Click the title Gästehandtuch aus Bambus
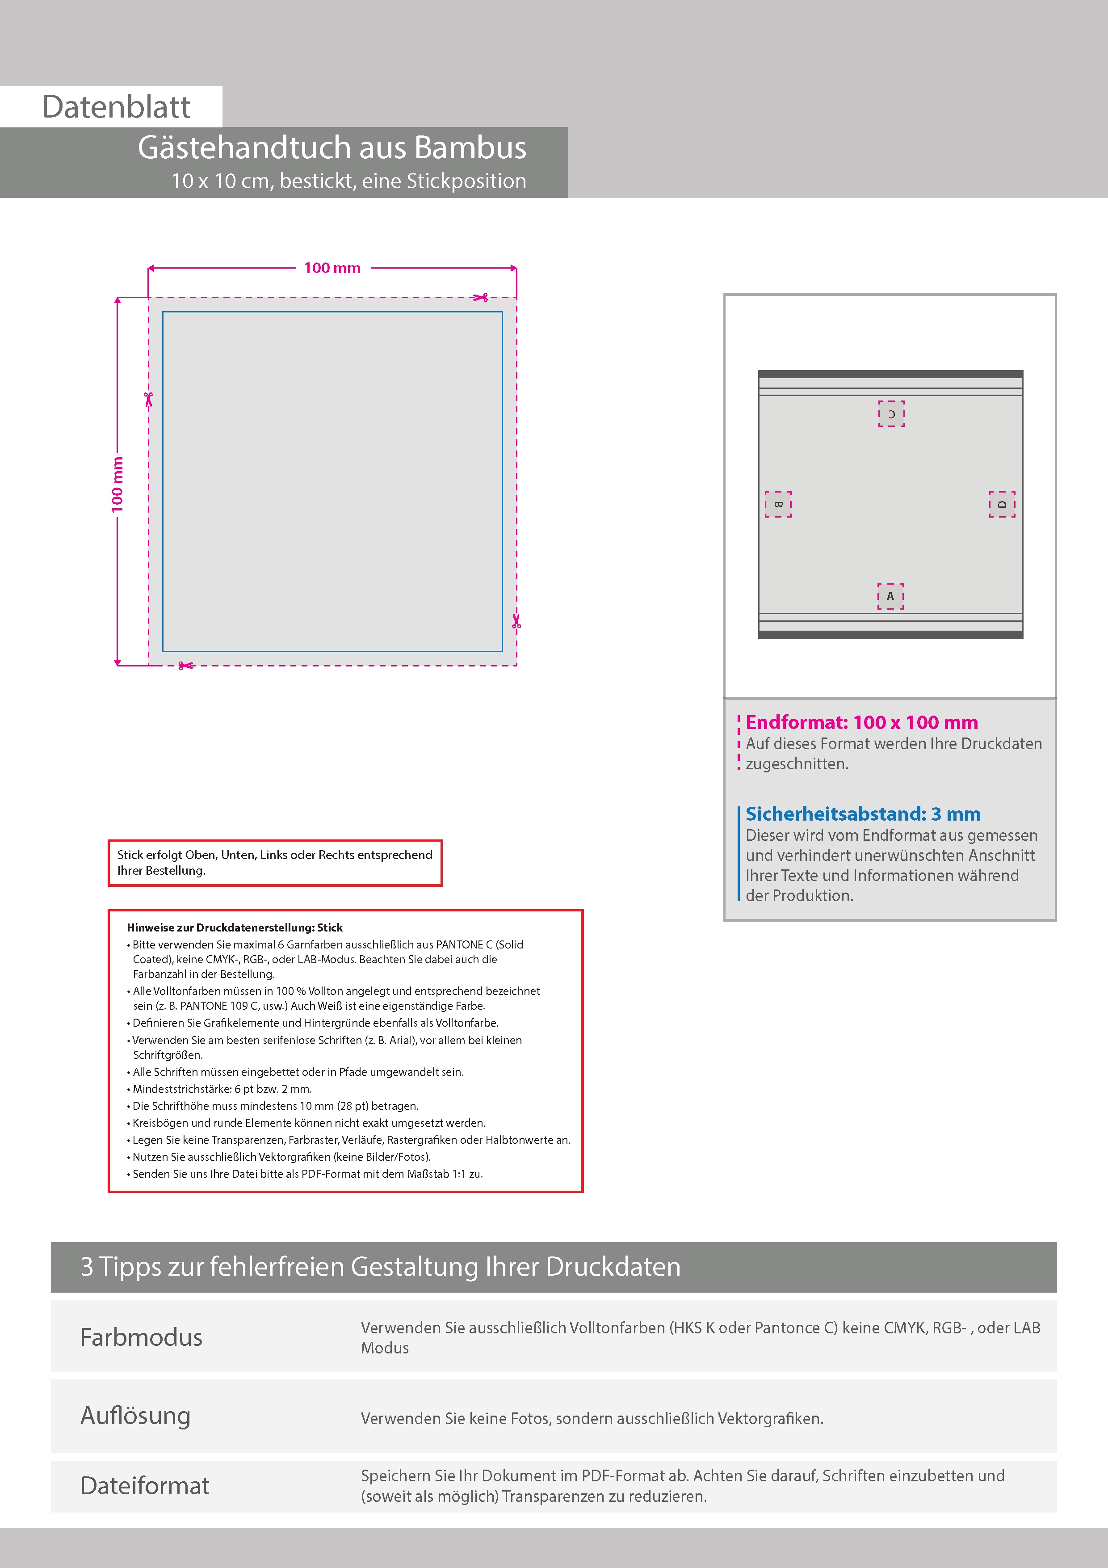click(332, 148)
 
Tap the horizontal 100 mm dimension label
click(332, 268)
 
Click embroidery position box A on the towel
click(890, 596)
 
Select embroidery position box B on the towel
click(777, 504)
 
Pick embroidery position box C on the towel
click(891, 414)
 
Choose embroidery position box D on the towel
click(1002, 504)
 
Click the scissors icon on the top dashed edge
click(481, 297)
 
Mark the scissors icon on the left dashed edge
click(148, 399)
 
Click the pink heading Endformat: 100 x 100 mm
click(861, 722)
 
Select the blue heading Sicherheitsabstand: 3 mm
click(863, 814)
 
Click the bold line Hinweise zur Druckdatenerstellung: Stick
click(235, 927)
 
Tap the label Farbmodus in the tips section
click(141, 1337)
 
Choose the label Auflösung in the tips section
click(135, 1415)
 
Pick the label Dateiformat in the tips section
click(145, 1486)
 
